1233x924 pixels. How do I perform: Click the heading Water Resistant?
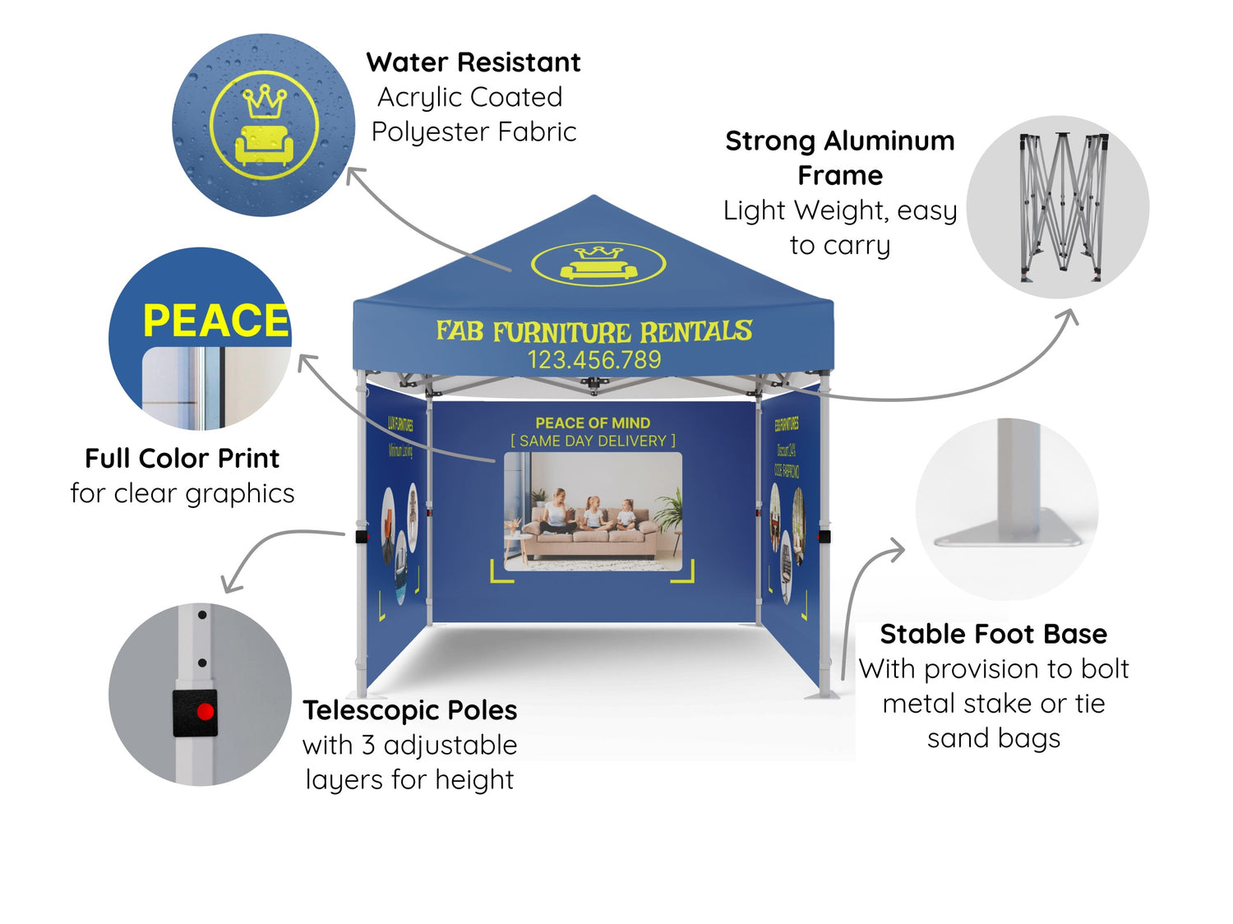[x=473, y=62]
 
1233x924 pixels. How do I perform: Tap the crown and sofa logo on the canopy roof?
[x=598, y=264]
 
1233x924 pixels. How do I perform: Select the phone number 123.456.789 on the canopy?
[x=593, y=360]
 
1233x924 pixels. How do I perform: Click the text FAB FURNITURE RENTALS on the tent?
[x=593, y=331]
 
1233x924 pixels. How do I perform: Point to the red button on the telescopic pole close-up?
[x=205, y=712]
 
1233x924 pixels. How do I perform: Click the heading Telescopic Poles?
[x=409, y=710]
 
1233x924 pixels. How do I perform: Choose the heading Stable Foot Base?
[x=993, y=634]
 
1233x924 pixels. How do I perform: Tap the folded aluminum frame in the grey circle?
[x=1062, y=206]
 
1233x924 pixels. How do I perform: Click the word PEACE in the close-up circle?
[x=215, y=321]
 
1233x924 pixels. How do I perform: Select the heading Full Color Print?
[x=182, y=458]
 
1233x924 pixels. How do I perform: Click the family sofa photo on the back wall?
[x=593, y=511]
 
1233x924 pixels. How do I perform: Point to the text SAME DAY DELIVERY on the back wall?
[x=593, y=441]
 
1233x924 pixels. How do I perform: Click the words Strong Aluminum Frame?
[x=839, y=158]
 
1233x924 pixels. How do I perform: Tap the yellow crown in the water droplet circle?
[x=264, y=101]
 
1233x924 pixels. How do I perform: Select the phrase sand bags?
[x=993, y=738]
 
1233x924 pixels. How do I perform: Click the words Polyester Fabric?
[x=473, y=132]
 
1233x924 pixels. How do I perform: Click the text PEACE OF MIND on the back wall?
[x=593, y=423]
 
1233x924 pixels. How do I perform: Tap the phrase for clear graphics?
[x=182, y=493]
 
